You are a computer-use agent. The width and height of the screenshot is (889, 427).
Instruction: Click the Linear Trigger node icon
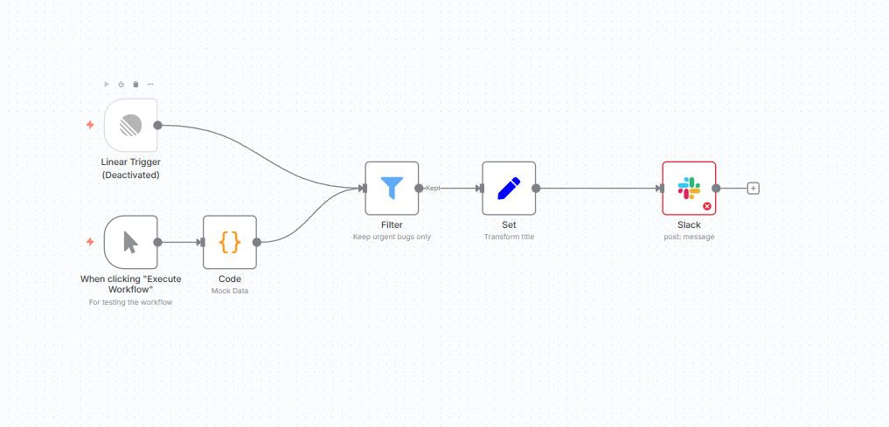(130, 125)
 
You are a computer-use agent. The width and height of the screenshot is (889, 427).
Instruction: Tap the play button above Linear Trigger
(107, 84)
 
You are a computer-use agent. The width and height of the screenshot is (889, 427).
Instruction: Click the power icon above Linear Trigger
(122, 84)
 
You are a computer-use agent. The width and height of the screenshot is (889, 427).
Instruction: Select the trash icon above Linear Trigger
(135, 84)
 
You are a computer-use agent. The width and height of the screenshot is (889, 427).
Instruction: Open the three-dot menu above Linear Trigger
(150, 84)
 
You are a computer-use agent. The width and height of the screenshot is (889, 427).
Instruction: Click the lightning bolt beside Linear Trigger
(89, 125)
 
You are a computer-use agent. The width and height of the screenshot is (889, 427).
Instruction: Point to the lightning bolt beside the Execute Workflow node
(89, 242)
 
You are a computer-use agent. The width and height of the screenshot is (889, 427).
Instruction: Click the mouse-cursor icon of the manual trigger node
(130, 242)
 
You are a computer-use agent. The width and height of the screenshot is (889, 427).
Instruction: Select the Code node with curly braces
(230, 242)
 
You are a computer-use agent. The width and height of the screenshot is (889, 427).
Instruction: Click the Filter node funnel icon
(392, 188)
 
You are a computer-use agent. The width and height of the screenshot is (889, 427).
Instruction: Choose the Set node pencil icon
(509, 188)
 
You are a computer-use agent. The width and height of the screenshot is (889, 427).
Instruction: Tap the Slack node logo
(689, 188)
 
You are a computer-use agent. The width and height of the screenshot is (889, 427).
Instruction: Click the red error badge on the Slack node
(706, 206)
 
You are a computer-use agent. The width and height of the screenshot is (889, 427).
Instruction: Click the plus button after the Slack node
(754, 188)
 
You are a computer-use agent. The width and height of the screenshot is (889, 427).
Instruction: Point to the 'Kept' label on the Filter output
(433, 188)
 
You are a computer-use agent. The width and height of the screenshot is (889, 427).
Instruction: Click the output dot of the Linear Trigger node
(158, 125)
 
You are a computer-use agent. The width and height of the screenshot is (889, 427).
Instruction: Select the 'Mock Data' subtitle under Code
(230, 291)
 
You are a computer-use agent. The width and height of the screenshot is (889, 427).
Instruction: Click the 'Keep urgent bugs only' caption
(392, 237)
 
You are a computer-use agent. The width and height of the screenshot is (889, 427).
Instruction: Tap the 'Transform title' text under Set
(509, 237)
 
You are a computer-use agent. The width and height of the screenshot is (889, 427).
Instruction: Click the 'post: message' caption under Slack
(689, 237)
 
